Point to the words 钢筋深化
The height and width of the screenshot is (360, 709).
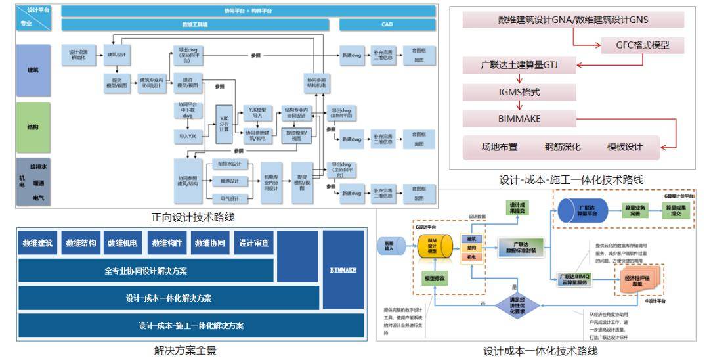coord(563,146)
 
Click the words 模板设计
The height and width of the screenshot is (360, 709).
coord(625,146)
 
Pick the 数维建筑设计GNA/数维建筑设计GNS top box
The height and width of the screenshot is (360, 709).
coord(572,20)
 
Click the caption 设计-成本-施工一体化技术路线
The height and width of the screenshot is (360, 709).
coord(571,179)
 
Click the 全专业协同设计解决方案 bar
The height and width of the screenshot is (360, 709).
coord(146,271)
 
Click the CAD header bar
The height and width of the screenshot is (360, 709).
coord(387,25)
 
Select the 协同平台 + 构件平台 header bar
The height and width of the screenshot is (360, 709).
coord(248,11)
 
